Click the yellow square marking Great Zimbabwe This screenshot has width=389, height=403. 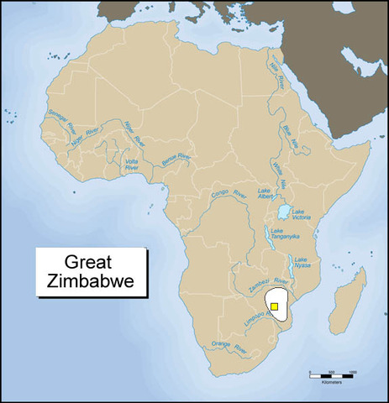point(274,307)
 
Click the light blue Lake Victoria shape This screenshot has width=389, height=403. point(285,212)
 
